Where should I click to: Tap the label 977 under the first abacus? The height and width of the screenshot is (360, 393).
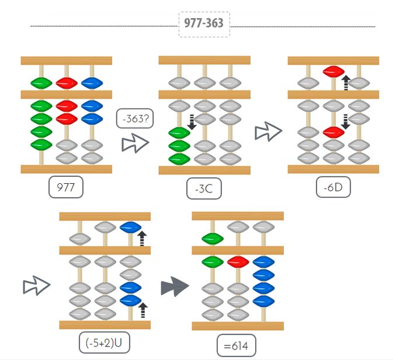pyautogui.click(x=66, y=188)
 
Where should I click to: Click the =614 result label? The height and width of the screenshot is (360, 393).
pyautogui.click(x=236, y=347)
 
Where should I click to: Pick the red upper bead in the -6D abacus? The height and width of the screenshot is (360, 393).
pyautogui.click(x=333, y=72)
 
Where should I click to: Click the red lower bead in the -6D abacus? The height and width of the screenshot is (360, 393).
pyautogui.click(x=333, y=132)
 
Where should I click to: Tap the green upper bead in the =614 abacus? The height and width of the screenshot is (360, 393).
pyautogui.click(x=213, y=238)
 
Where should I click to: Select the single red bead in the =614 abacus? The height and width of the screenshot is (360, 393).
pyautogui.click(x=238, y=261)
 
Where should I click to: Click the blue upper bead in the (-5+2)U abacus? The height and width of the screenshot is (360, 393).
pyautogui.click(x=130, y=227)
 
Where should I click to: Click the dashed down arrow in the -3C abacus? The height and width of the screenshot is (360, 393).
pyautogui.click(x=192, y=121)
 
